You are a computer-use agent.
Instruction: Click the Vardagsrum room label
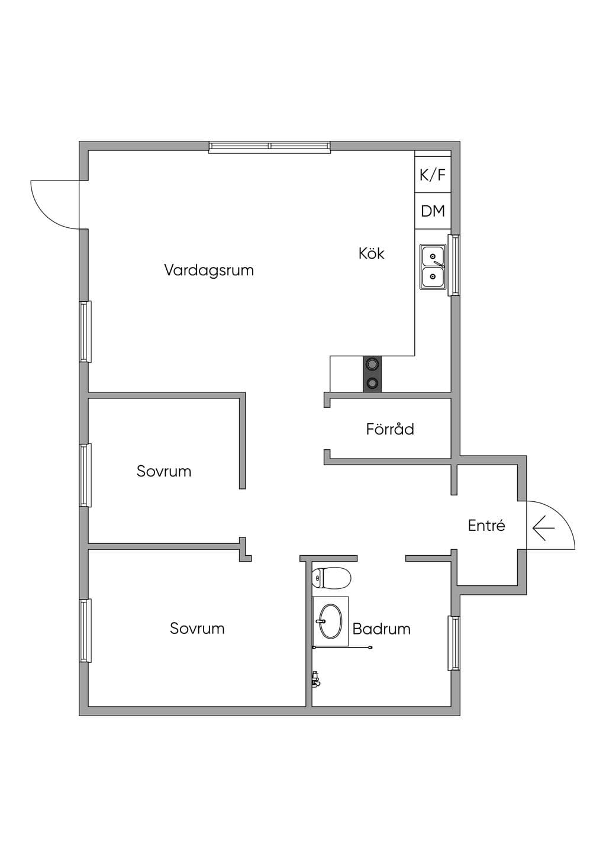(x=209, y=270)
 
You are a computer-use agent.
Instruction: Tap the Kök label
(x=371, y=253)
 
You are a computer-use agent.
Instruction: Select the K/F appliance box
(x=433, y=175)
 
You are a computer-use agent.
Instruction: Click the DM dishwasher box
(x=433, y=211)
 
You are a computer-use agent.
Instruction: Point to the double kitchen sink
(x=433, y=267)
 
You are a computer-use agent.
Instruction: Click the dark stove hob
(x=372, y=374)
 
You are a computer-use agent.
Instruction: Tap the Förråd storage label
(x=390, y=429)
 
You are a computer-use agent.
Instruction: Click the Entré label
(x=486, y=526)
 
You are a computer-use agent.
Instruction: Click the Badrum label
(x=382, y=629)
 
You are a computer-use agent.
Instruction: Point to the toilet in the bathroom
(x=331, y=578)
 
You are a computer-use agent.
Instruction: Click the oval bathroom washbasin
(x=330, y=621)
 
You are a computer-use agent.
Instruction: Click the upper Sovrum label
(x=164, y=471)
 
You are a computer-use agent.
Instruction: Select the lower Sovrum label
(x=197, y=628)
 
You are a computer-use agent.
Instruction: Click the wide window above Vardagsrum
(x=269, y=147)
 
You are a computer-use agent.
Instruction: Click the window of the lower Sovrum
(x=85, y=630)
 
